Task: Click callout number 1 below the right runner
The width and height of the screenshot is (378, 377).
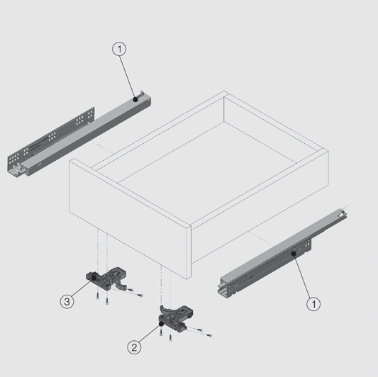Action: [313, 304]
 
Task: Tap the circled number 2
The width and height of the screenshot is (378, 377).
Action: [135, 347]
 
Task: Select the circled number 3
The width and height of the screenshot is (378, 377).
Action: [67, 301]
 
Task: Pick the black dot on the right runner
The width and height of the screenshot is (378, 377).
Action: [293, 252]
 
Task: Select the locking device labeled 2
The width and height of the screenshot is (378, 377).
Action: [177, 318]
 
